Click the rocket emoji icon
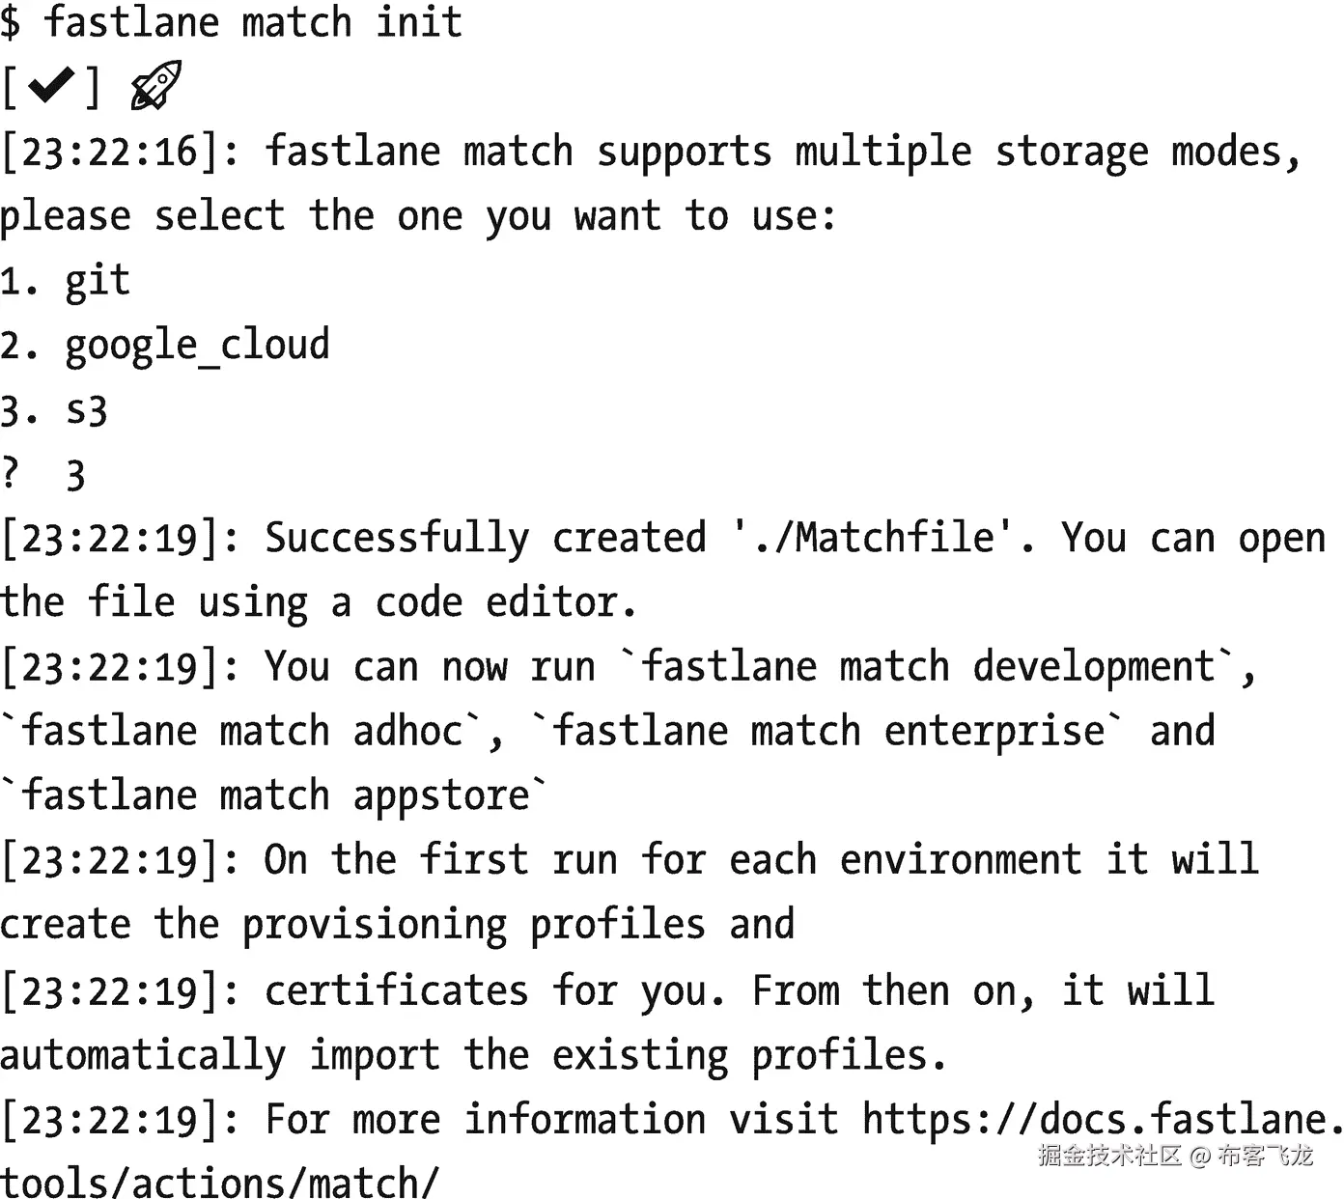point(155,85)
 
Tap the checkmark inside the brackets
point(51,87)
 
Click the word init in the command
point(419,21)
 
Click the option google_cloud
point(197,346)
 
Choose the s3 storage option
point(87,410)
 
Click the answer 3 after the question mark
point(75,475)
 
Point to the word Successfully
point(397,539)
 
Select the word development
point(1093,668)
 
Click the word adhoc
point(407,732)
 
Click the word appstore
point(441,796)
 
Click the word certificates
point(396,990)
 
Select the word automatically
point(143,1055)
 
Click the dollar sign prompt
point(11,21)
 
